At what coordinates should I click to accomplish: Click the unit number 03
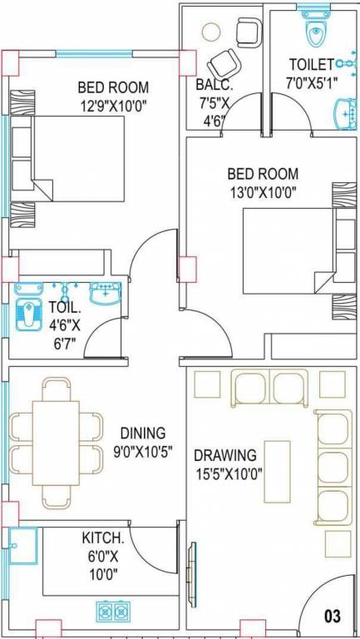333,617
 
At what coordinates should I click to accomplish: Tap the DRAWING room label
224,455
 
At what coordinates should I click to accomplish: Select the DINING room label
143,433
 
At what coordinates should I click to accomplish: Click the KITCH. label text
103,537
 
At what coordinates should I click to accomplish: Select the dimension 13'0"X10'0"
263,192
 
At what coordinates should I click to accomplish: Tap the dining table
57,442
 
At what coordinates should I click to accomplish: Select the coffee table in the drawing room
277,472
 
